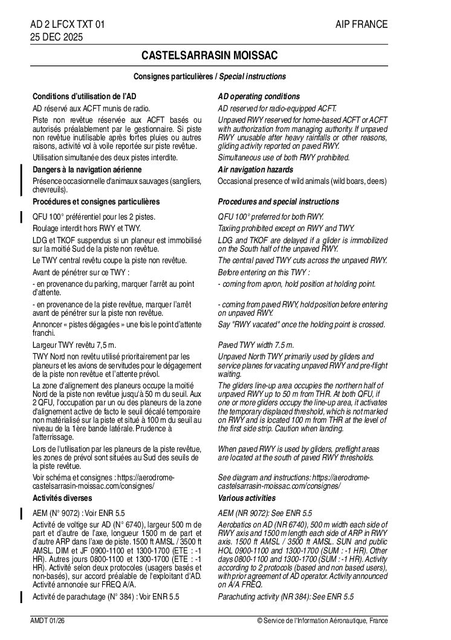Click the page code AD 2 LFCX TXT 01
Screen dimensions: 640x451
click(x=68, y=24)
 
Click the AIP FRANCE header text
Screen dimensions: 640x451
click(x=362, y=24)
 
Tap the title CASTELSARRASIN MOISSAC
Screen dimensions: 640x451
click(x=209, y=56)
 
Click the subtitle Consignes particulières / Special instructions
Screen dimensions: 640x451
click(x=209, y=77)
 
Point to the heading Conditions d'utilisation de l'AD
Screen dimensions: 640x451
click(x=84, y=97)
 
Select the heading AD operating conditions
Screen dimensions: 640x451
click(x=258, y=97)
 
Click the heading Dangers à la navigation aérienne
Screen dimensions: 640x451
click(x=87, y=170)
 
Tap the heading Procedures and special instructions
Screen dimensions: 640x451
click(x=278, y=201)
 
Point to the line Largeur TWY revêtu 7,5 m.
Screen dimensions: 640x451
click(x=74, y=345)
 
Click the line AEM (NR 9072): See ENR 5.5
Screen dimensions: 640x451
click(x=265, y=513)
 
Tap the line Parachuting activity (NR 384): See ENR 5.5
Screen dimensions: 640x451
click(x=285, y=597)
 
